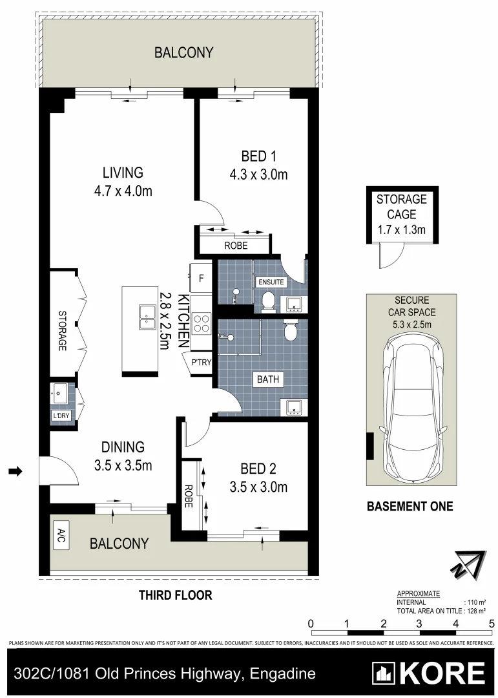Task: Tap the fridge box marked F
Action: [202, 279]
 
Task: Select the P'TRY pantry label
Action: [198, 363]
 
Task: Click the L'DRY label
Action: [62, 416]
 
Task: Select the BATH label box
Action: [269, 379]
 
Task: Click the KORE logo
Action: [429, 674]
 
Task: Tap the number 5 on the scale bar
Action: [492, 623]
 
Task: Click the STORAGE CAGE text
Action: [402, 207]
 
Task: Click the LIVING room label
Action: [122, 173]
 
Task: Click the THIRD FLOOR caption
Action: [176, 595]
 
